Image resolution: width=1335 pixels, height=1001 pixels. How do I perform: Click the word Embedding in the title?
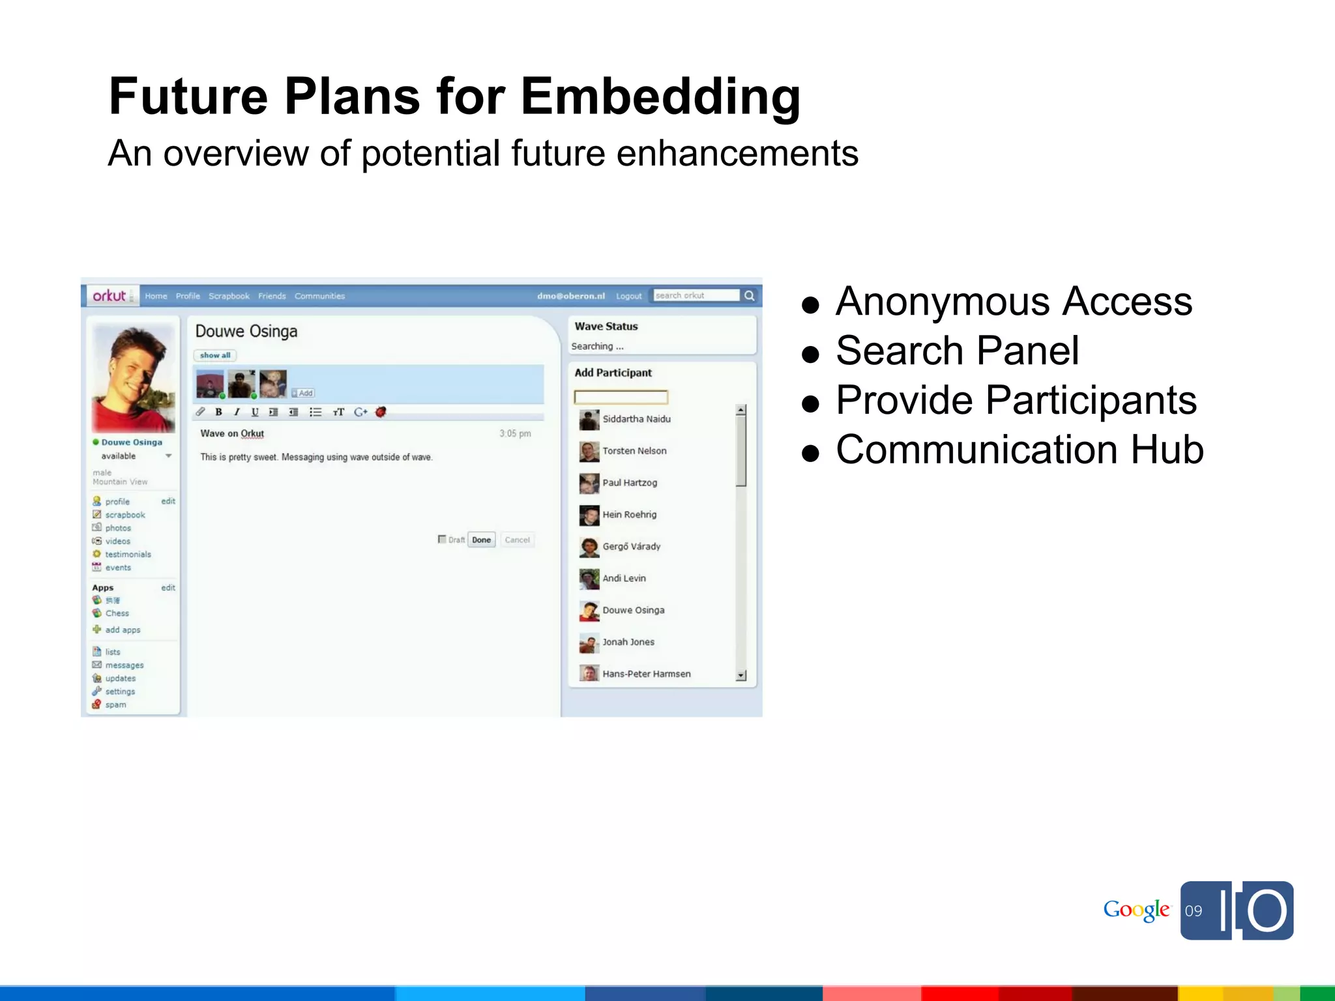click(x=660, y=96)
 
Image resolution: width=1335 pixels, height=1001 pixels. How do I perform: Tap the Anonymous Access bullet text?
click(x=1014, y=302)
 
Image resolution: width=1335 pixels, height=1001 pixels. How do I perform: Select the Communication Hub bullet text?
click(x=1019, y=450)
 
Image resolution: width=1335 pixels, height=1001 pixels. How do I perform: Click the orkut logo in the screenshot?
click(x=110, y=296)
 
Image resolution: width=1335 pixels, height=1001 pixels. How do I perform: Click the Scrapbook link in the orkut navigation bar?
click(x=229, y=296)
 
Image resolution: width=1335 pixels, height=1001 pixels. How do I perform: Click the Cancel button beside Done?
click(x=517, y=540)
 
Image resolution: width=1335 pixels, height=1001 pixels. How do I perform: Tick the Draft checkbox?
click(x=442, y=539)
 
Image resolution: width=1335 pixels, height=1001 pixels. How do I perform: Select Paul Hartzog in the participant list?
click(x=629, y=483)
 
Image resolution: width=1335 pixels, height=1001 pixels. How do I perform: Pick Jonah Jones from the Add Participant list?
click(x=628, y=642)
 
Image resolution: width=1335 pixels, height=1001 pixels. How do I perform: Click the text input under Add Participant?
click(x=621, y=397)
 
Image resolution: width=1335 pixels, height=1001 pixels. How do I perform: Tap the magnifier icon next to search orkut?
click(x=750, y=296)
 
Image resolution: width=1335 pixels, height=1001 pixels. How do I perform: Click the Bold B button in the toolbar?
click(x=219, y=412)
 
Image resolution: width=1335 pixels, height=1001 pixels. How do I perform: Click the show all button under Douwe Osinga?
click(x=215, y=355)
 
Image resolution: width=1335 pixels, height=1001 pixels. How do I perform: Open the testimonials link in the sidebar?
click(x=128, y=555)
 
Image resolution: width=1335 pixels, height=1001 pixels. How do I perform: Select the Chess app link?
click(x=117, y=613)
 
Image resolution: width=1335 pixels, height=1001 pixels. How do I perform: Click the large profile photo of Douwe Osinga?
click(x=134, y=379)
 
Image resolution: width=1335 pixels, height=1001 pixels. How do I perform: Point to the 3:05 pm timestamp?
click(x=515, y=433)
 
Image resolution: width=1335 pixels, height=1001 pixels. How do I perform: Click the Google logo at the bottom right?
click(x=1136, y=910)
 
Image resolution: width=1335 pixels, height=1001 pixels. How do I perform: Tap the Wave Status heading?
click(x=606, y=326)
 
